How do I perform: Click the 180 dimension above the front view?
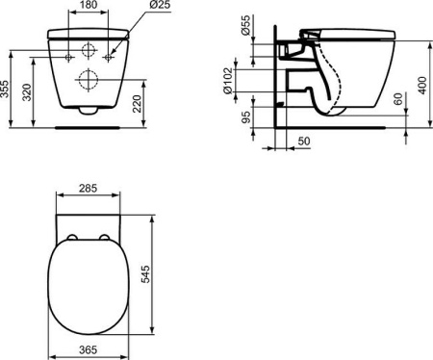(88, 7)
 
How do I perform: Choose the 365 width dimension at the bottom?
(88, 352)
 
